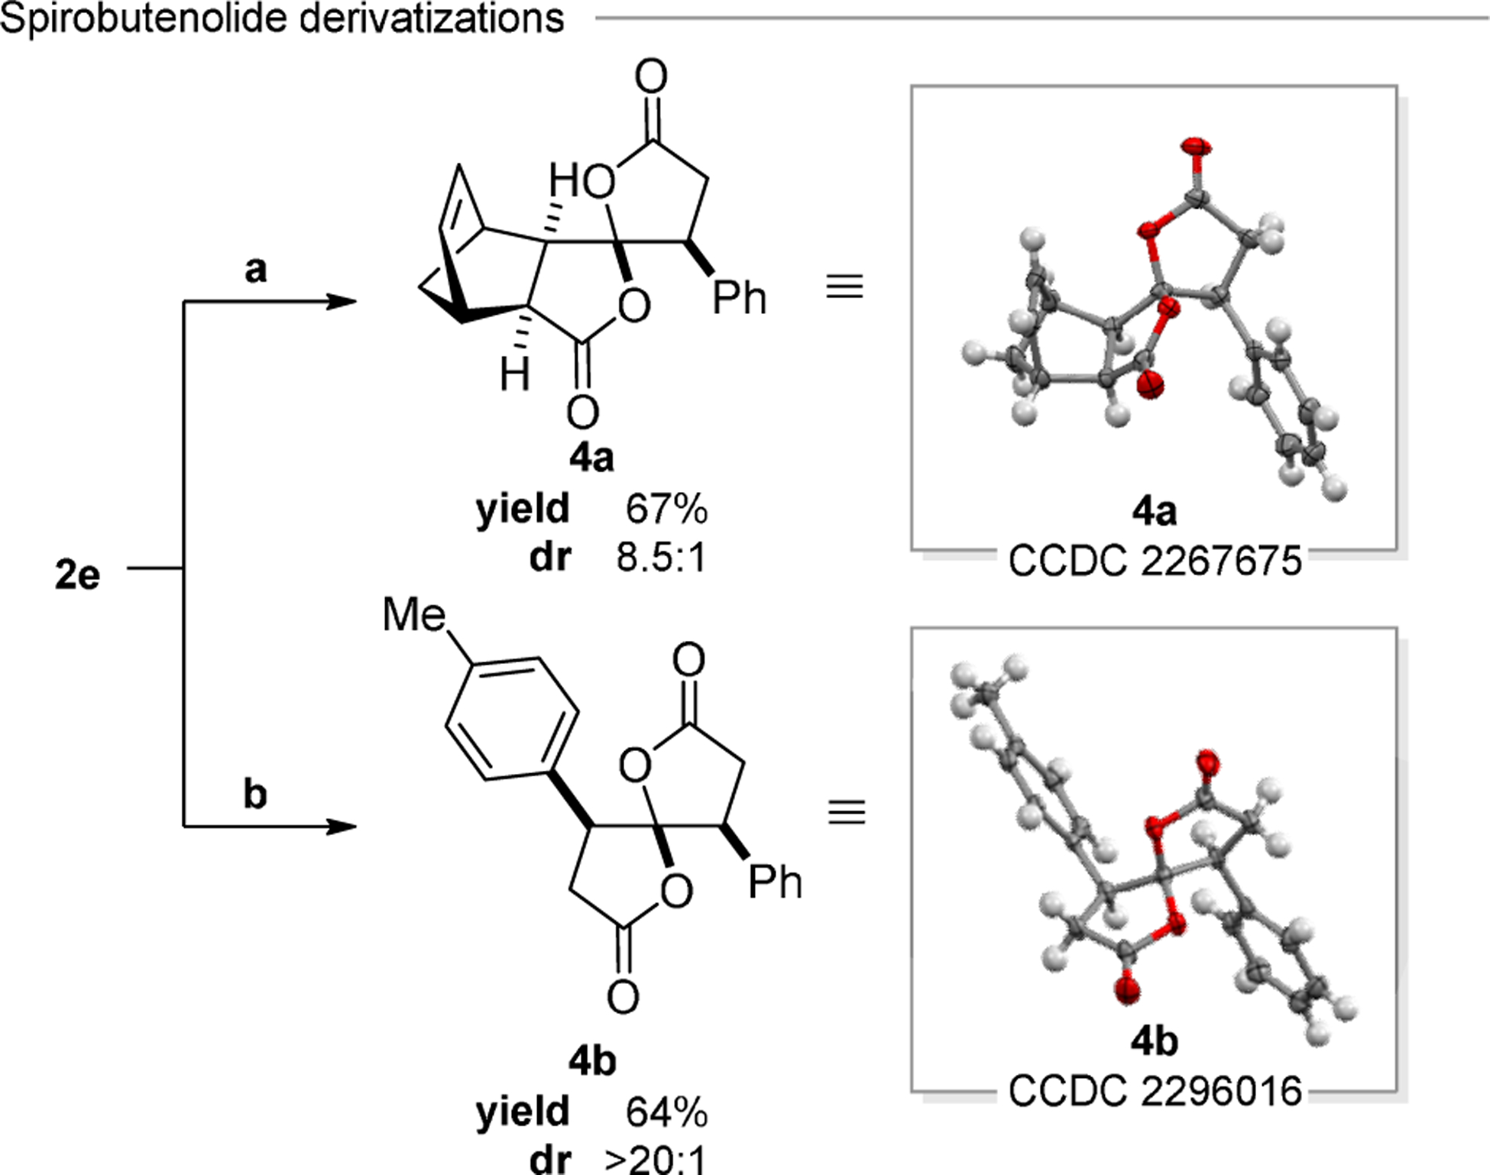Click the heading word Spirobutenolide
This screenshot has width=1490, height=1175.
click(144, 18)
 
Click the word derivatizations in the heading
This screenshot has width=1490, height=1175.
click(432, 18)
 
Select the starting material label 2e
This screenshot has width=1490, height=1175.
click(77, 575)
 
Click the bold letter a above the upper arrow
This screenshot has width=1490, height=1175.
click(256, 269)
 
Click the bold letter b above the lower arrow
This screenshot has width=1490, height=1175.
click(255, 794)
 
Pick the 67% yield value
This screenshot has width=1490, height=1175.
click(666, 509)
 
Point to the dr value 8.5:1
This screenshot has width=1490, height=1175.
click(661, 558)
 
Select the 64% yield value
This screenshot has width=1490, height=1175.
click(666, 1112)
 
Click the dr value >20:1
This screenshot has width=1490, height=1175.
click(656, 1160)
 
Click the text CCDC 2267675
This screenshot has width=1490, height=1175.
click(1155, 562)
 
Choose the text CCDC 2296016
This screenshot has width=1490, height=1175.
click(1155, 1092)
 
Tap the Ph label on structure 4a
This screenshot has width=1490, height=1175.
click(739, 298)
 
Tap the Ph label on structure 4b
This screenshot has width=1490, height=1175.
click(775, 883)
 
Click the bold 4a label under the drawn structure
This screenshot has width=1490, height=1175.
click(591, 458)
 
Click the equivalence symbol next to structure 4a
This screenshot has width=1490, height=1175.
click(845, 287)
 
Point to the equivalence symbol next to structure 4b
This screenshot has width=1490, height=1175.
click(847, 812)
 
